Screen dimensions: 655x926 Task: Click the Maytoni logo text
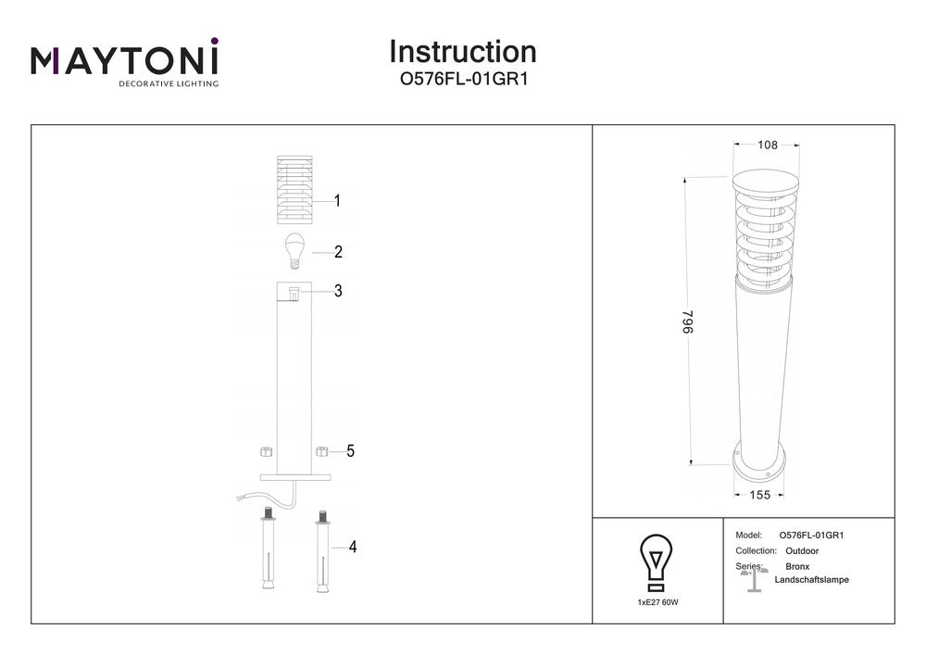(x=125, y=60)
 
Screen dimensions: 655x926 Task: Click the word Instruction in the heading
(x=462, y=51)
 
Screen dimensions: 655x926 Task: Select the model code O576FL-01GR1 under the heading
(x=462, y=81)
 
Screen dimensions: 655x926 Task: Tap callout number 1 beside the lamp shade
(x=338, y=200)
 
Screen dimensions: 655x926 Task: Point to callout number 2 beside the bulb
(x=339, y=251)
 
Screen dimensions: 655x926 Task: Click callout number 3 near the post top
(x=339, y=291)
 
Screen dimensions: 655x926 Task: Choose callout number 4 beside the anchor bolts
(x=352, y=548)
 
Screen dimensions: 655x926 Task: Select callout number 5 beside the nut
(x=350, y=451)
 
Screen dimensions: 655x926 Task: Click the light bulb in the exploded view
(x=294, y=251)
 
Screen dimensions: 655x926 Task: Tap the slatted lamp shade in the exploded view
(x=294, y=190)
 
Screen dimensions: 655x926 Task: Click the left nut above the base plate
(x=263, y=452)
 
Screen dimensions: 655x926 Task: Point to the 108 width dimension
(x=767, y=145)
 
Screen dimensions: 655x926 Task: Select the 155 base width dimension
(x=759, y=496)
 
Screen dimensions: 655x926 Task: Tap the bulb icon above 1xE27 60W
(x=657, y=561)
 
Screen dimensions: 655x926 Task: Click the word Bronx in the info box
(x=797, y=565)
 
